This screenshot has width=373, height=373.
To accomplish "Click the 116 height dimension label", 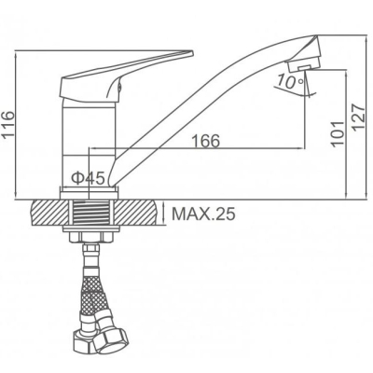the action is tap(7, 124).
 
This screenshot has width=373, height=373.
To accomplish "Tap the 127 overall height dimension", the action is tap(360, 118).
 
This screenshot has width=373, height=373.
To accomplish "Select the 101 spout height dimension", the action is tap(338, 133).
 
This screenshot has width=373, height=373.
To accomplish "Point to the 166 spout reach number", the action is tap(206, 141).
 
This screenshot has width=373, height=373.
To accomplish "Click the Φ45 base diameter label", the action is tap(88, 178).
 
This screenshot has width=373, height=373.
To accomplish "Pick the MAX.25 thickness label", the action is tap(203, 214).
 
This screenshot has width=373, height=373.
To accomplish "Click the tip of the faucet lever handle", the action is tap(192, 52).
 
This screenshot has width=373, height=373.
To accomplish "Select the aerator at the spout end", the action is tap(303, 65).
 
